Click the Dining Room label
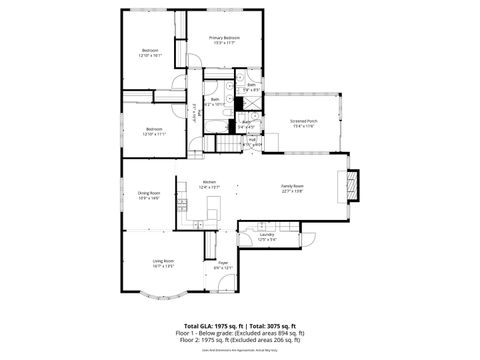[149, 195]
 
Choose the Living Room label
[149, 264]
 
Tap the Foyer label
[223, 265]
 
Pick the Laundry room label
[267, 237]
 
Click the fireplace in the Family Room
[353, 185]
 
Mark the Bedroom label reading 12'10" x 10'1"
[150, 52]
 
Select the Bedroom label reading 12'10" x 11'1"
[153, 130]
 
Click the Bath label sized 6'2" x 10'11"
[215, 101]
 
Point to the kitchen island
[212, 205]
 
